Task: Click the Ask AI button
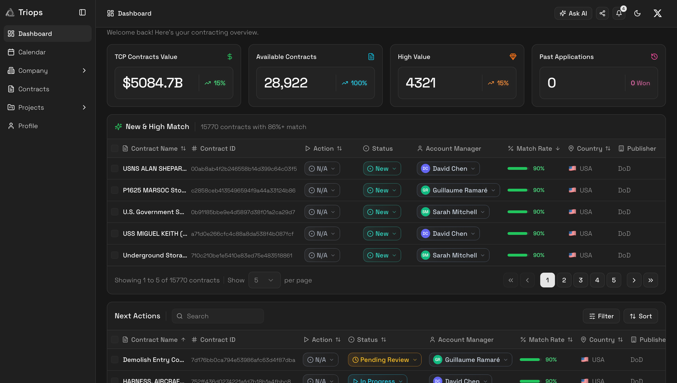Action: pos(573,13)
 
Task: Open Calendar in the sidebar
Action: pos(32,52)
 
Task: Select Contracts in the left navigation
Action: pos(33,89)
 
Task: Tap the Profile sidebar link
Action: pos(28,126)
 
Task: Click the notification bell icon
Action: pos(619,13)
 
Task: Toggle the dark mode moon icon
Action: pos(637,13)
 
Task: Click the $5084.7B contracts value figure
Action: pos(153,83)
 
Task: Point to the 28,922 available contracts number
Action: pos(286,83)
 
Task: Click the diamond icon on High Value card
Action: pos(513,57)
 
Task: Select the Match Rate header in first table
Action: pos(534,149)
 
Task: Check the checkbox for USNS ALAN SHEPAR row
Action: pos(115,169)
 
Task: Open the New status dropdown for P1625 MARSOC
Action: pos(382,190)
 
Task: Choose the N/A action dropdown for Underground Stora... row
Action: pos(322,255)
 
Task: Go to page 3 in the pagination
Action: pos(581,280)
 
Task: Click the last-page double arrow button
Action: pos(650,280)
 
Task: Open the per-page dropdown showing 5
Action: pos(264,280)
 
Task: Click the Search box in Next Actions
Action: pos(218,316)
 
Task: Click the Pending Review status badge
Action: pos(384,360)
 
